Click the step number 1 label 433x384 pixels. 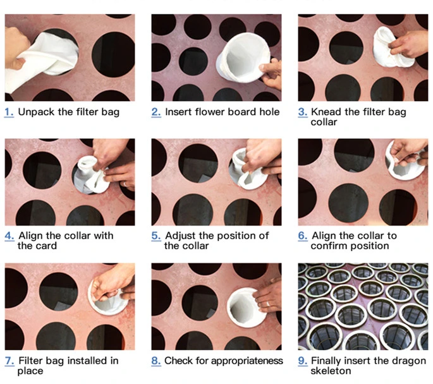tap(9, 112)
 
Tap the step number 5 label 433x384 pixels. tap(156, 236)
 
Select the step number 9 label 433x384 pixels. tap(302, 361)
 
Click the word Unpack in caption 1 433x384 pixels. tap(35, 112)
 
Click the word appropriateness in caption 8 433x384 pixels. tap(244, 361)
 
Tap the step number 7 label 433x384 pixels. tap(9, 361)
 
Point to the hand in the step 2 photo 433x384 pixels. tap(272, 73)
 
